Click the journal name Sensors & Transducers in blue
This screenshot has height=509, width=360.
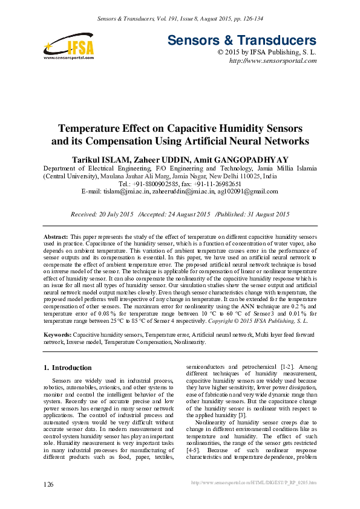click(x=241, y=41)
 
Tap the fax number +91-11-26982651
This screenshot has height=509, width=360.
click(x=218, y=183)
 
